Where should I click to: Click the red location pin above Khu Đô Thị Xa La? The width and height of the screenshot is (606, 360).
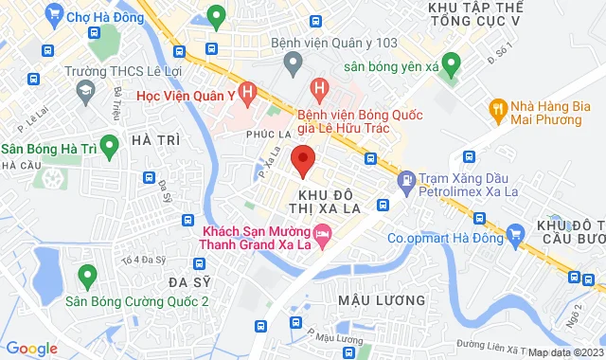click(x=302, y=160)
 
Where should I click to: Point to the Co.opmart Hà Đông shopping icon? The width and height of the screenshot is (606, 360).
click(x=515, y=232)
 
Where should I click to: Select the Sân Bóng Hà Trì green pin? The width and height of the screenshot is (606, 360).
click(x=108, y=144)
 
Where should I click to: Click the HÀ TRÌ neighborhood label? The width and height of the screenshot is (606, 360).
click(x=156, y=140)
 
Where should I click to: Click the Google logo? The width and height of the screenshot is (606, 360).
click(x=31, y=348)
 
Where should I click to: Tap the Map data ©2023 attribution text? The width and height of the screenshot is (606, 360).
click(x=564, y=352)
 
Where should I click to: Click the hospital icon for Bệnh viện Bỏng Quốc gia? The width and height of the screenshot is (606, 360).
click(x=319, y=91)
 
